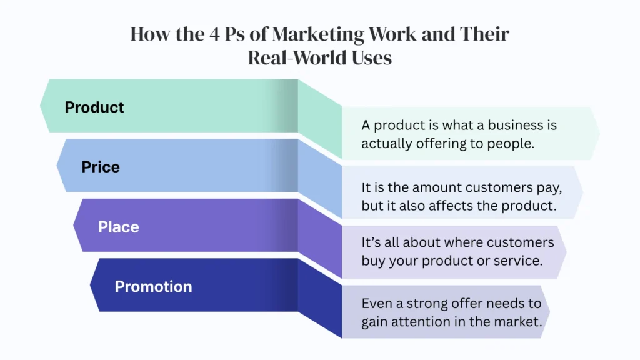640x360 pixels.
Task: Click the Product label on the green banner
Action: pyautogui.click(x=94, y=107)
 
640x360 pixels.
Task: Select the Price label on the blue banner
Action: pyautogui.click(x=101, y=167)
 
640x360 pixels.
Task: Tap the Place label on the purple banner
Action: pyautogui.click(x=119, y=227)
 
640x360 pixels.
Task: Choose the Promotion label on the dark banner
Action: pyautogui.click(x=153, y=287)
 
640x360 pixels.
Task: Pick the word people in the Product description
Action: pyautogui.click(x=511, y=144)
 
